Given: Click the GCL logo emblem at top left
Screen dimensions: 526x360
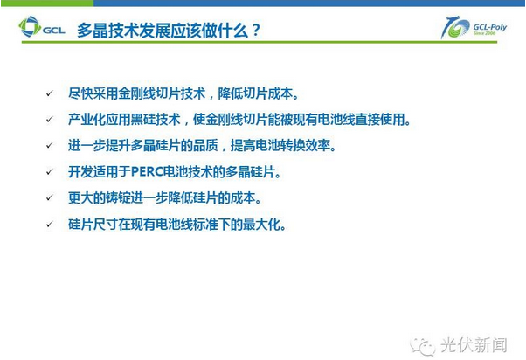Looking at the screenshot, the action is click(x=30, y=26).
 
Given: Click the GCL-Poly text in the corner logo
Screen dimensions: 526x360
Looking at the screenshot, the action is click(x=490, y=27).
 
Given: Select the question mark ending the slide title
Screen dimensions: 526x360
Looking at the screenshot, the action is click(x=255, y=31).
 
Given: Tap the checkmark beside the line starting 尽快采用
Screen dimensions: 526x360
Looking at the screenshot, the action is click(x=50, y=93).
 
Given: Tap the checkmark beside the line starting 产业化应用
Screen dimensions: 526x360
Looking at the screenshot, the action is click(x=50, y=120).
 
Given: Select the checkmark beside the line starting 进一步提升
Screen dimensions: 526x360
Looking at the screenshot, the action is click(x=50, y=146).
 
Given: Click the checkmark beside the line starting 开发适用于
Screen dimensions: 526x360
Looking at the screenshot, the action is click(x=50, y=172).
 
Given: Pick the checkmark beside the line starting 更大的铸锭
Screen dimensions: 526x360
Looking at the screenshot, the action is click(x=50, y=198).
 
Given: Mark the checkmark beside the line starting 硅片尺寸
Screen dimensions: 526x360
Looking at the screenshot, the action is click(x=50, y=224).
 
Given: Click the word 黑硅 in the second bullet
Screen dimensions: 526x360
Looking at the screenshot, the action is click(x=143, y=120).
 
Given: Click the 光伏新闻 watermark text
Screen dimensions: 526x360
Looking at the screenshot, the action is click(x=474, y=345).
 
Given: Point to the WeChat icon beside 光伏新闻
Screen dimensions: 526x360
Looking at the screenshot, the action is click(x=422, y=345).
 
